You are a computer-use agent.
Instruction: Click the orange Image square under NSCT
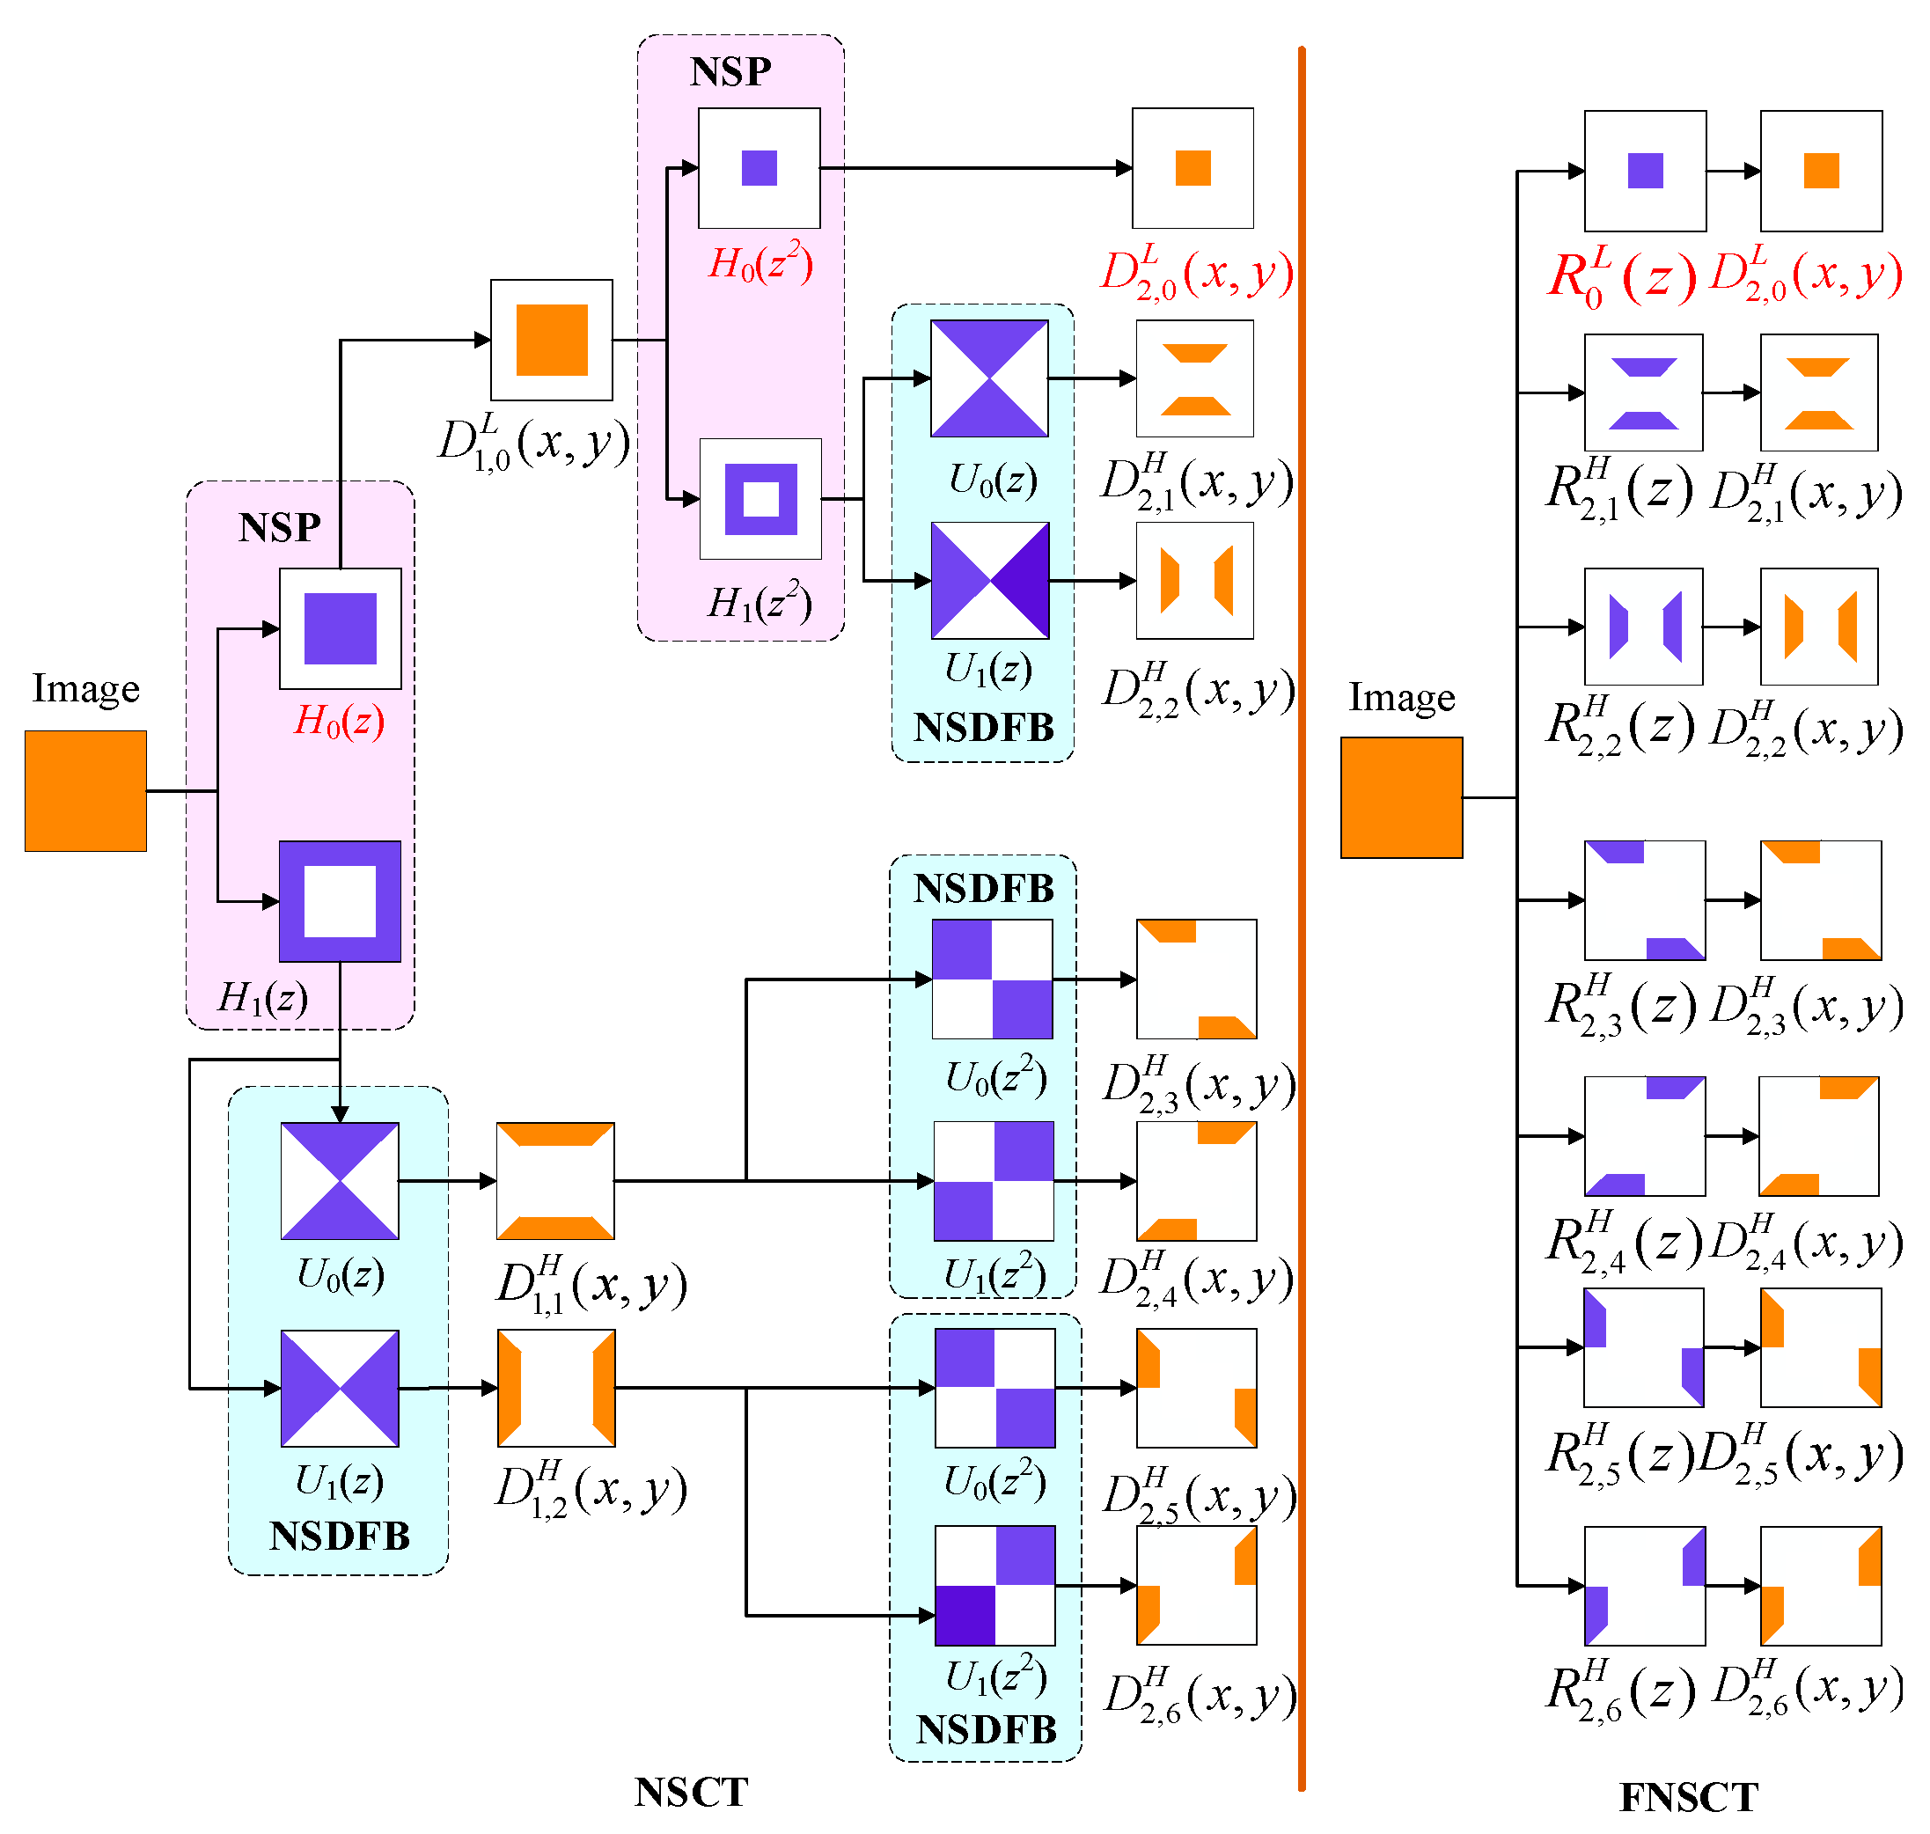[x=85, y=791]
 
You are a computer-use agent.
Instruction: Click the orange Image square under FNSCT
[x=1401, y=797]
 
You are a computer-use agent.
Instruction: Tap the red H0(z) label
[x=339, y=722]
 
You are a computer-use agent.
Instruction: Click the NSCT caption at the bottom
[x=690, y=1792]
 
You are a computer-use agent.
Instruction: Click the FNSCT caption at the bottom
[x=1689, y=1797]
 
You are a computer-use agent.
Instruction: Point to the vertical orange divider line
[x=1302, y=919]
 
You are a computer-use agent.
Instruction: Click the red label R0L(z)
[x=1621, y=276]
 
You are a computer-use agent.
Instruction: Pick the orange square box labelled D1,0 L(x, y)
[x=552, y=341]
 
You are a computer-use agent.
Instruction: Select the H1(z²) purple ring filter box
[x=760, y=499]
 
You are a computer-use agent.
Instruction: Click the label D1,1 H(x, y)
[x=591, y=1285]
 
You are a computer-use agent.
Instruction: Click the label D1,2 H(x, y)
[x=591, y=1490]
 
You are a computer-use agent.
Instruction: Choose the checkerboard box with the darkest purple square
[x=994, y=1585]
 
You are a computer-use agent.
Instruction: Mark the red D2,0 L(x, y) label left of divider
[x=1197, y=274]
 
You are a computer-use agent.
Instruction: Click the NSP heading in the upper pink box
[x=730, y=71]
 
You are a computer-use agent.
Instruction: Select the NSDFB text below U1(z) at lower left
[x=339, y=1536]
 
